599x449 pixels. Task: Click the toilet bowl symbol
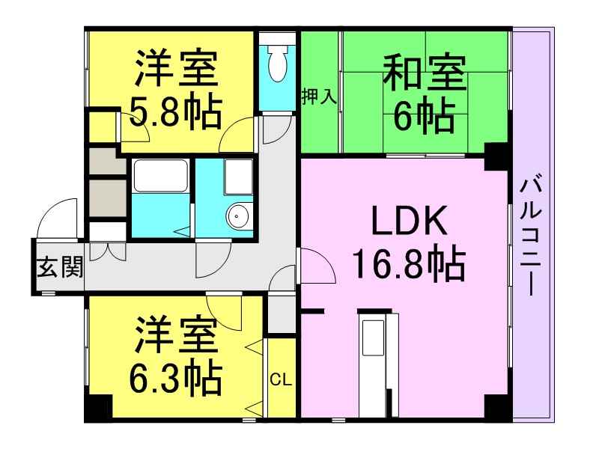point(277,63)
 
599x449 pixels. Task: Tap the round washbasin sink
point(238,216)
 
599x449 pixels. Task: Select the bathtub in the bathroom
point(160,177)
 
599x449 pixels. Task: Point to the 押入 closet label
point(320,97)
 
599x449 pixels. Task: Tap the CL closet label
point(281,380)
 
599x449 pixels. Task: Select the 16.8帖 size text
point(409,265)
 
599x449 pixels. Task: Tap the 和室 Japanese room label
point(424,73)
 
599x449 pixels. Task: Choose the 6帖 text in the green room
point(424,116)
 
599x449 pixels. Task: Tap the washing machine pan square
point(238,177)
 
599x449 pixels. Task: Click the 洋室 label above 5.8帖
point(175,69)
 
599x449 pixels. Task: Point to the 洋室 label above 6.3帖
point(175,334)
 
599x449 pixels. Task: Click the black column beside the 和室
point(496,156)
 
